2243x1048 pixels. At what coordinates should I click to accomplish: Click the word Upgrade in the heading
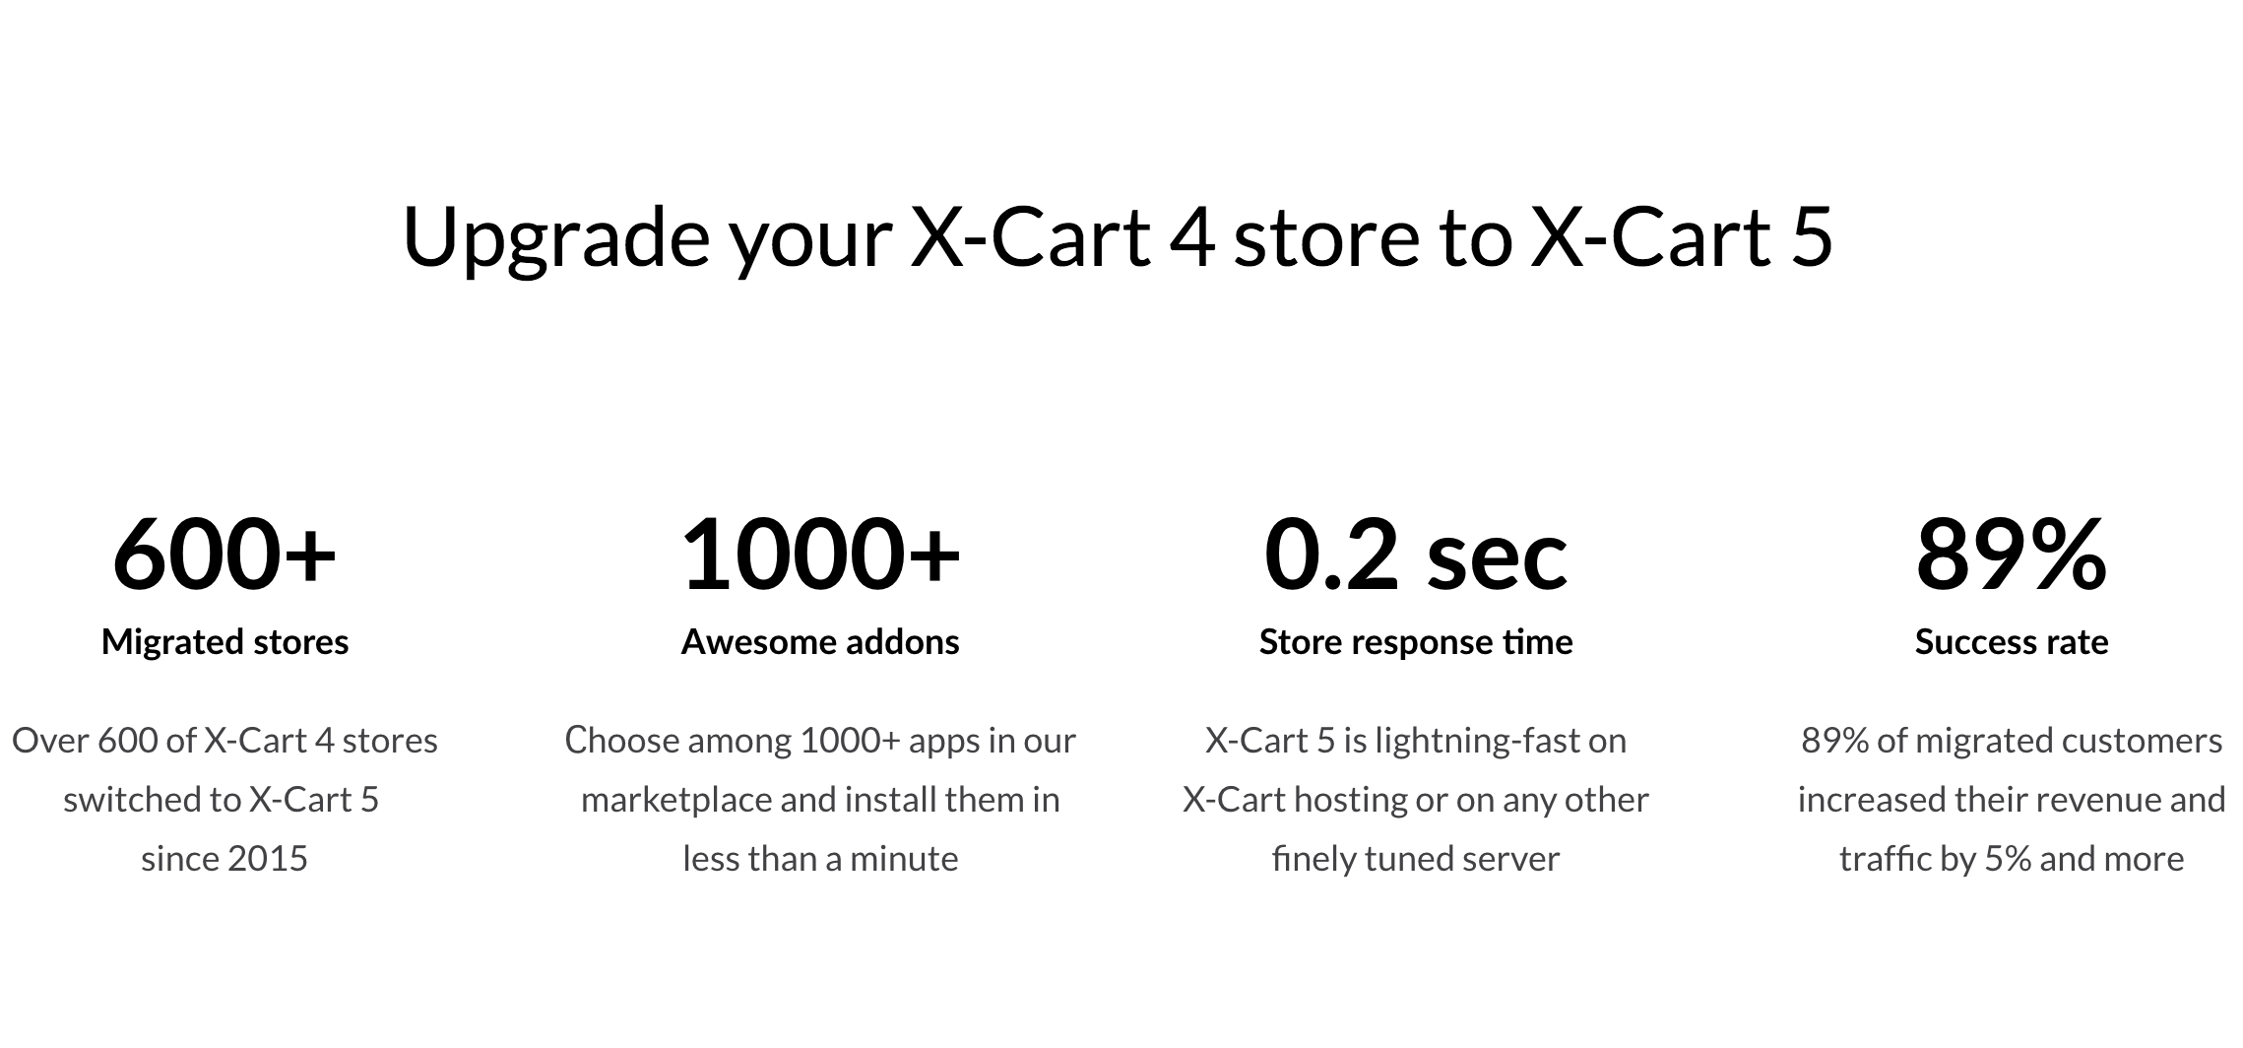[x=555, y=238]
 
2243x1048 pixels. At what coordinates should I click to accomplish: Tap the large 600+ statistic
[x=224, y=555]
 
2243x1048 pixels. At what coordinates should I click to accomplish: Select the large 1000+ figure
[x=820, y=555]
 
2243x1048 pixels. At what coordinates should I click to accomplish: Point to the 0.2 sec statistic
[x=1415, y=555]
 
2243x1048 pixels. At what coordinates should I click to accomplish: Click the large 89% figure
[x=2011, y=555]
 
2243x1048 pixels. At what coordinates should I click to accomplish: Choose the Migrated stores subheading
[x=224, y=642]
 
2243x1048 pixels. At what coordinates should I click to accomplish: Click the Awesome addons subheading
[x=820, y=642]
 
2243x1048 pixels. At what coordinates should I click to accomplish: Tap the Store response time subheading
[x=1415, y=642]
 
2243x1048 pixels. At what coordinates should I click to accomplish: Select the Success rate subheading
[x=2011, y=642]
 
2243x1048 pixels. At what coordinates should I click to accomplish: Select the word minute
[x=903, y=859]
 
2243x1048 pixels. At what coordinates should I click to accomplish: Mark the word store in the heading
[x=1325, y=238]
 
